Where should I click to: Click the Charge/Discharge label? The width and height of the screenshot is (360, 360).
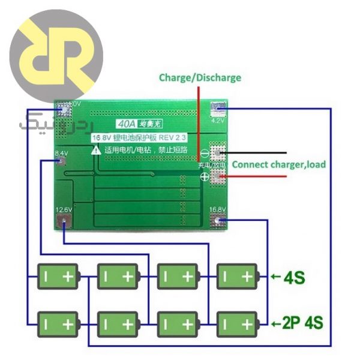click(x=200, y=77)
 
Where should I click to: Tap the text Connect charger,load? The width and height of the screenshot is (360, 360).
click(x=278, y=164)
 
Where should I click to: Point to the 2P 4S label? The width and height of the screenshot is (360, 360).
click(x=302, y=323)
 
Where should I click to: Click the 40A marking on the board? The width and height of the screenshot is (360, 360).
click(x=127, y=125)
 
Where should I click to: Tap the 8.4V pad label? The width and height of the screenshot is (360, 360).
click(x=61, y=154)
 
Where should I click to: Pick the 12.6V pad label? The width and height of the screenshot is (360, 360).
click(x=64, y=209)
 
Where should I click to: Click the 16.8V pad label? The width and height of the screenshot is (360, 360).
click(x=217, y=210)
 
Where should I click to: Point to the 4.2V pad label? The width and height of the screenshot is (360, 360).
click(x=217, y=120)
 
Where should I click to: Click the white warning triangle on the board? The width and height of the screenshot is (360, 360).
click(x=96, y=151)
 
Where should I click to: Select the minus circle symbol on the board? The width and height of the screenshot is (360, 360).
click(x=204, y=152)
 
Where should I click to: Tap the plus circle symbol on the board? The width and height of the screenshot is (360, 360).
click(x=204, y=177)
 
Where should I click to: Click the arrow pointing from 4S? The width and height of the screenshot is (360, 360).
click(x=275, y=277)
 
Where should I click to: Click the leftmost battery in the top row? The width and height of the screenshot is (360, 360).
click(x=58, y=277)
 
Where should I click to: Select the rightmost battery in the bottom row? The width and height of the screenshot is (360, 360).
click(x=236, y=325)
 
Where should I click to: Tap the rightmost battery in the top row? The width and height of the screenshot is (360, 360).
click(x=236, y=277)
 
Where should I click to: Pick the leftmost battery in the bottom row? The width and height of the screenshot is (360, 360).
click(x=58, y=325)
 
